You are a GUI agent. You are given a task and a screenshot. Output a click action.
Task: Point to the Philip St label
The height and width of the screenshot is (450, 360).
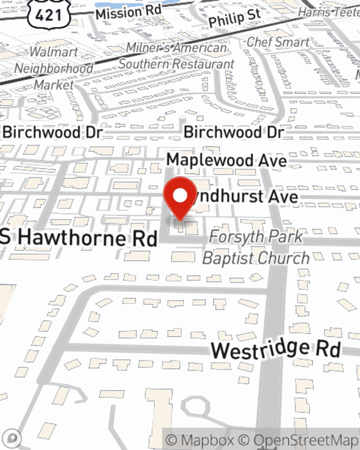coord(234,18)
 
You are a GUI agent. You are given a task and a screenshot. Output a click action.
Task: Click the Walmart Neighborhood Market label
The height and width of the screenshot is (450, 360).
coord(54,68)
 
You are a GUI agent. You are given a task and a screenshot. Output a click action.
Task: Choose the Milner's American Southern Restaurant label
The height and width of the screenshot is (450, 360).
coord(176,56)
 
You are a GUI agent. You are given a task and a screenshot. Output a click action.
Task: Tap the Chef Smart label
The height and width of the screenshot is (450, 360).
coord(278,42)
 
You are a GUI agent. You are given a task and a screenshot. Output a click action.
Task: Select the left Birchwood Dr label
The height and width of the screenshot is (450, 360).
coord(53,132)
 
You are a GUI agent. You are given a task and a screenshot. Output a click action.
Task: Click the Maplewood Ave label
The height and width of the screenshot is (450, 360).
coord(226,160)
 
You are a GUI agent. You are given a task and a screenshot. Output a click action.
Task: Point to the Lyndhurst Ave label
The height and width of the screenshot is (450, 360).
coord(245,197)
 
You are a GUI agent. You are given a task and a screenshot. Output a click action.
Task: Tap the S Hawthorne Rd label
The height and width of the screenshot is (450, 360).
coord(79,238)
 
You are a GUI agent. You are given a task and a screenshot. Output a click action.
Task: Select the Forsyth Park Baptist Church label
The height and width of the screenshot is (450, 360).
coord(256,248)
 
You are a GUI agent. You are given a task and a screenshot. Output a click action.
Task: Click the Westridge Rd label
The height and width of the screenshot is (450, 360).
coord(275,349)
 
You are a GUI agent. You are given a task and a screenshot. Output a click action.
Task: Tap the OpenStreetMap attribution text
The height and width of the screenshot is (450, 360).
coord(306,440)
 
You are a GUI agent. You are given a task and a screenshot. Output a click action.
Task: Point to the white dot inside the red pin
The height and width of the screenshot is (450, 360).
coord(180,196)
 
